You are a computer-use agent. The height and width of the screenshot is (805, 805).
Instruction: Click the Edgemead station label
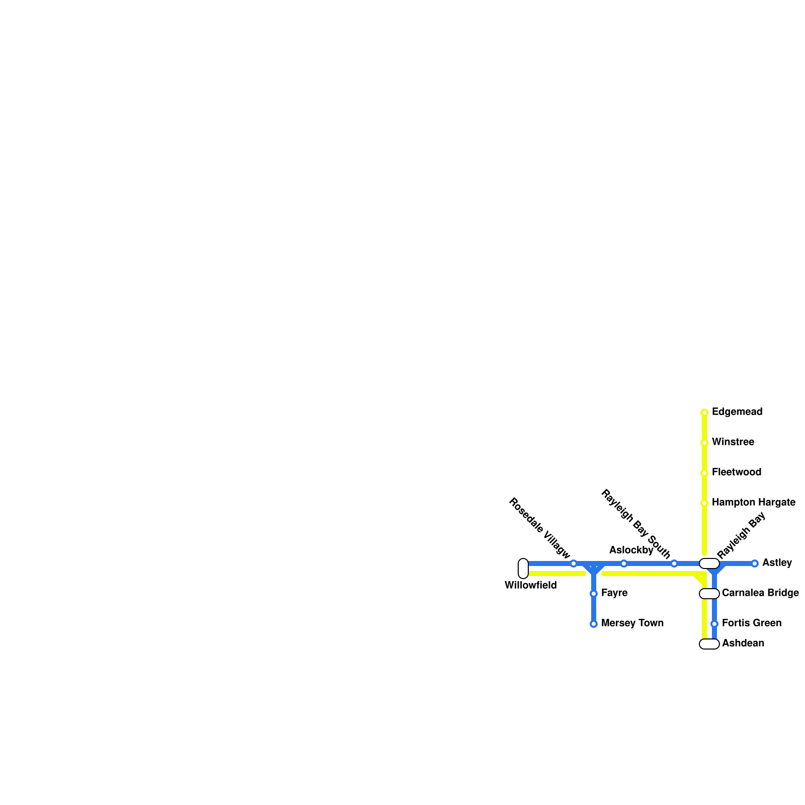pyautogui.click(x=737, y=412)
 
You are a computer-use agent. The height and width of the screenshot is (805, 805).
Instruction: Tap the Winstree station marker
pyautogui.click(x=704, y=443)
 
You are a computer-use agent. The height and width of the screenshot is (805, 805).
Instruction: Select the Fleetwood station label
pyautogui.click(x=736, y=472)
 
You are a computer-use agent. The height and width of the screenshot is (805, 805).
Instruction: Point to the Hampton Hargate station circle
pyautogui.click(x=704, y=503)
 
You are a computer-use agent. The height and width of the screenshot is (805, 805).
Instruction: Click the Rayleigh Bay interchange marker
pyautogui.click(x=709, y=563)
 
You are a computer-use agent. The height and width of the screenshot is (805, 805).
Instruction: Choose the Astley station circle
pyautogui.click(x=755, y=563)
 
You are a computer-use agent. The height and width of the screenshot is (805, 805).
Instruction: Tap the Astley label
pyautogui.click(x=777, y=563)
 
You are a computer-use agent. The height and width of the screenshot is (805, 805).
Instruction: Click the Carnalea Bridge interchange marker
pyautogui.click(x=709, y=594)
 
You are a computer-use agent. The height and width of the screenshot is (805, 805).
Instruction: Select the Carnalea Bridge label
pyautogui.click(x=760, y=593)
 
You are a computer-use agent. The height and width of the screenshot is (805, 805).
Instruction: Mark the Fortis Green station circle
pyautogui.click(x=714, y=624)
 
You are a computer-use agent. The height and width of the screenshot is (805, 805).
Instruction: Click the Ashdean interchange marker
pyautogui.click(x=709, y=644)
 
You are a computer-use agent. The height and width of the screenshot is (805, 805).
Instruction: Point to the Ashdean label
pyautogui.click(x=743, y=643)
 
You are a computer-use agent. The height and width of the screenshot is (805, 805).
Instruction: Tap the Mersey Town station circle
pyautogui.click(x=594, y=624)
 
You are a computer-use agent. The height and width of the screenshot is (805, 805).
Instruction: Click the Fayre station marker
pyautogui.click(x=594, y=594)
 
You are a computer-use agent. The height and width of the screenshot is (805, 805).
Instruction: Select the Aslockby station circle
pyautogui.click(x=624, y=563)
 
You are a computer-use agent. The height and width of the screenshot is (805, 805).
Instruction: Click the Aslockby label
pyautogui.click(x=631, y=550)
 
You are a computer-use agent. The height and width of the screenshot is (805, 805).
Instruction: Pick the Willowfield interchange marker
pyautogui.click(x=523, y=569)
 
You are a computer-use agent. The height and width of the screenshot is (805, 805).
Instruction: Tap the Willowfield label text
pyautogui.click(x=530, y=586)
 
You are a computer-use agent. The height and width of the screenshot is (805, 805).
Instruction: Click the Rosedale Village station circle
pyautogui.click(x=574, y=563)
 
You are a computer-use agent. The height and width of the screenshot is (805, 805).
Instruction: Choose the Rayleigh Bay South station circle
pyautogui.click(x=674, y=563)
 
